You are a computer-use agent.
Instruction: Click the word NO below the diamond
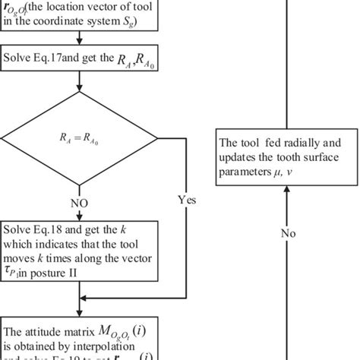(80, 204)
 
